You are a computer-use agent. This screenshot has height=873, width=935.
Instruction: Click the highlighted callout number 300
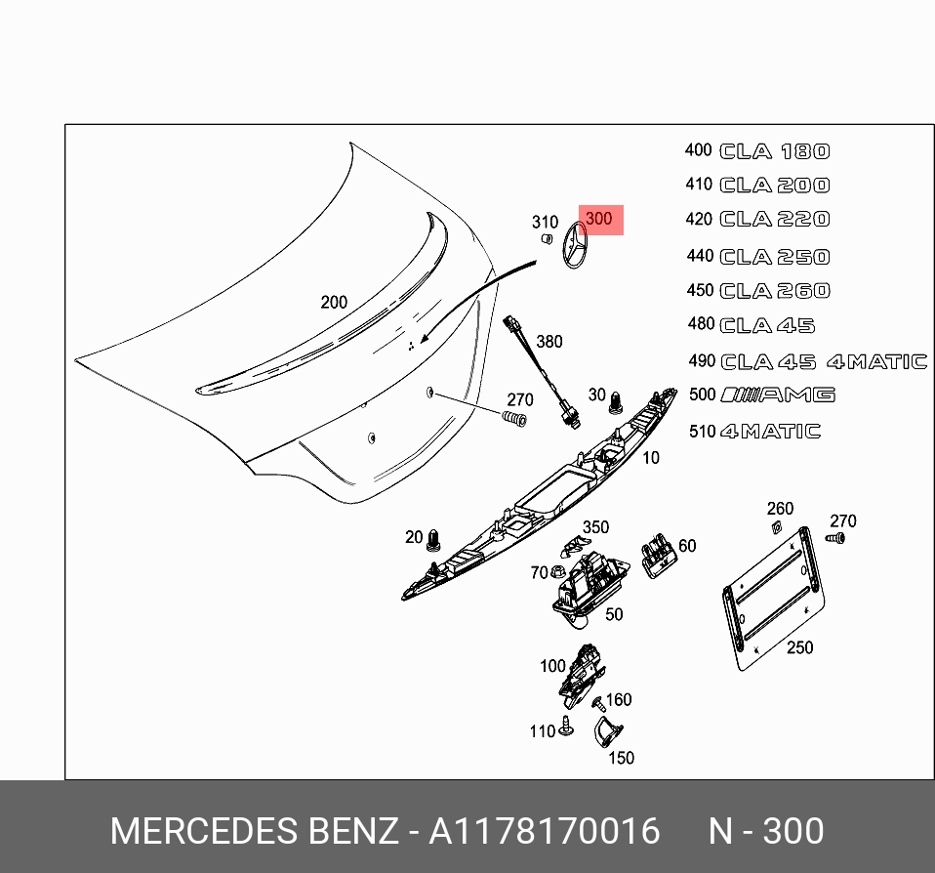(x=598, y=219)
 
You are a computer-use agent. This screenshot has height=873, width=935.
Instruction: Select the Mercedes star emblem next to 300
(x=573, y=247)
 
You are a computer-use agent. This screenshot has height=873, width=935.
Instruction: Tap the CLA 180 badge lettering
(x=775, y=151)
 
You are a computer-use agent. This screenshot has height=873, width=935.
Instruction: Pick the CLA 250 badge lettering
(x=775, y=257)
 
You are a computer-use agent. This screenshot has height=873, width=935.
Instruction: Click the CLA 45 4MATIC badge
(x=824, y=361)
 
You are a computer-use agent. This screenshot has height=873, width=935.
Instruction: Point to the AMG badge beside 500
(x=778, y=395)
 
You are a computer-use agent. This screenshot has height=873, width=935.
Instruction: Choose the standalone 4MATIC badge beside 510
(x=770, y=432)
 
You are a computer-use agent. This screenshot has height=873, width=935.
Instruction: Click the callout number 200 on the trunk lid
(x=334, y=303)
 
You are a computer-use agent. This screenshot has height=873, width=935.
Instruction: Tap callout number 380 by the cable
(x=549, y=342)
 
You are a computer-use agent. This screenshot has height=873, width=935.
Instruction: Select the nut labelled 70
(x=560, y=572)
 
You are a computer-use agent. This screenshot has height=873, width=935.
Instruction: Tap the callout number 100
(x=552, y=666)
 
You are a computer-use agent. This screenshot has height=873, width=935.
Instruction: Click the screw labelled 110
(x=567, y=727)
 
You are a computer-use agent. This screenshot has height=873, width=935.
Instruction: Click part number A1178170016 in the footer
(x=545, y=831)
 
